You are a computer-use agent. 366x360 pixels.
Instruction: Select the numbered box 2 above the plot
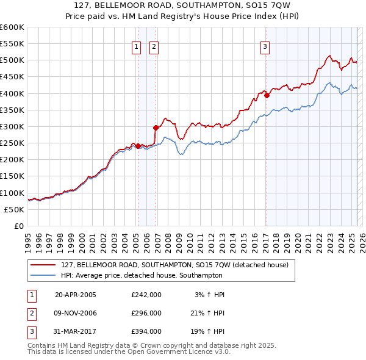point(154,46)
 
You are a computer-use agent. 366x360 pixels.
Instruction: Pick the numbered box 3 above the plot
point(266,46)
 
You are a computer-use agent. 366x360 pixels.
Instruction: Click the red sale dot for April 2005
point(138,146)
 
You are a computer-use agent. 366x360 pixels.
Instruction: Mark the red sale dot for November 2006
point(156,128)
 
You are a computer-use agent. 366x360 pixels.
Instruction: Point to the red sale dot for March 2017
point(267,95)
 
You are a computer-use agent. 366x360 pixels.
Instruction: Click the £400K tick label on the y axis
point(12,93)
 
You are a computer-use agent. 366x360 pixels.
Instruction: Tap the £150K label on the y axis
point(12,176)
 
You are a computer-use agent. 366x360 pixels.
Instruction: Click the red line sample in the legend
point(43,265)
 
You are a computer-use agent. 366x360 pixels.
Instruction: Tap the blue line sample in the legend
point(43,275)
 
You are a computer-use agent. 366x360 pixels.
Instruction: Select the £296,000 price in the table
point(146,313)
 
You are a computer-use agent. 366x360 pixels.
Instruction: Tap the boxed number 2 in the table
point(30,313)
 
